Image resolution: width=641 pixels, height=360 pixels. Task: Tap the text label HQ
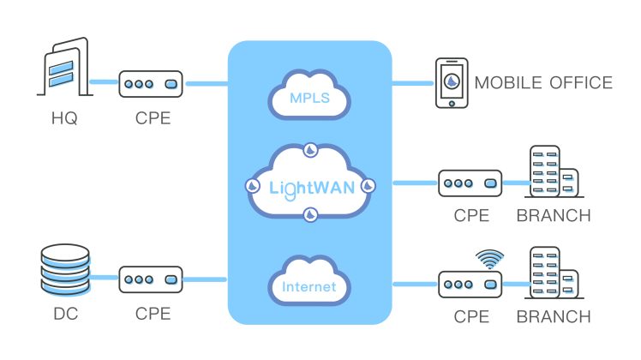pos(64,118)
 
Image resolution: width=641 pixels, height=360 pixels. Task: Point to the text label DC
pos(64,314)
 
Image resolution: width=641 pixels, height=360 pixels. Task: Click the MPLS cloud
pos(309,95)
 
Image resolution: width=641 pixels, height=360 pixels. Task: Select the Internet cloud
pos(309,286)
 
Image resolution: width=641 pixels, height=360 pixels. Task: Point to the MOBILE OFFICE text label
pos(543,83)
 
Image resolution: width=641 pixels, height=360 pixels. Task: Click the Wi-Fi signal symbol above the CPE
pos(488,257)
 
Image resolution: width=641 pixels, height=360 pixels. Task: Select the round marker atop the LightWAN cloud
pos(310,151)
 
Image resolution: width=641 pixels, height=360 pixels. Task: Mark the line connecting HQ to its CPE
pos(103,83)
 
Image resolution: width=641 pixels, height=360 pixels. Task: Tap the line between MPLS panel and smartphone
pos(413,83)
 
